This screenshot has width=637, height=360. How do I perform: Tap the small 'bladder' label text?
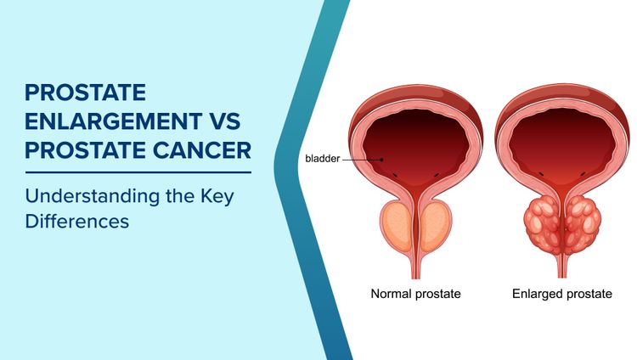pos(322,159)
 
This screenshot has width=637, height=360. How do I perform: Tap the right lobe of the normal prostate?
pos(436,227)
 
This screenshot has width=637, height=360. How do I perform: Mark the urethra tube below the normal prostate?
pos(415,265)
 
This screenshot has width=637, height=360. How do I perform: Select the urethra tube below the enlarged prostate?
pos(561,265)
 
